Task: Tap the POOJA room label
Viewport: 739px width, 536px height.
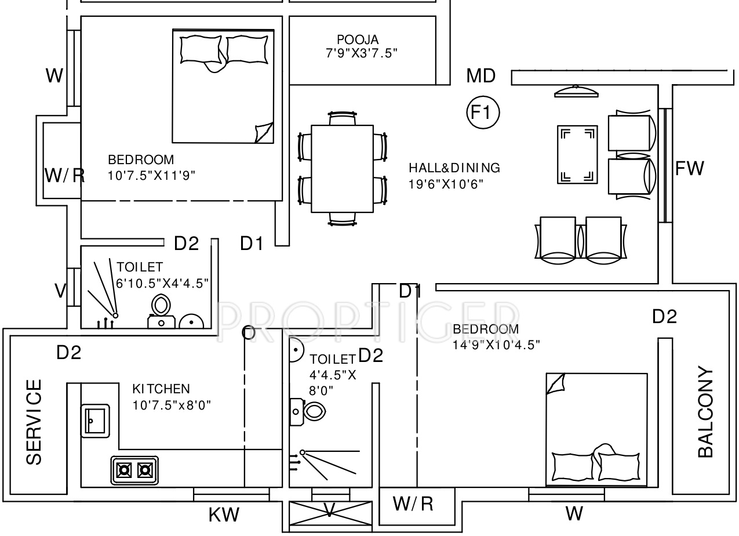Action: [358, 40]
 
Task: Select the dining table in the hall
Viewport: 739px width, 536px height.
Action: [342, 169]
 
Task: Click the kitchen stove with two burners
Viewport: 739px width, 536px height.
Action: [134, 470]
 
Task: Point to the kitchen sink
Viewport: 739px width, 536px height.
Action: [95, 419]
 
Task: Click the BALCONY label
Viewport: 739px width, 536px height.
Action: [705, 412]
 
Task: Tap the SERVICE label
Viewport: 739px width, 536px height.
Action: [34, 422]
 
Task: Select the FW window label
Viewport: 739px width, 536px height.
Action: [690, 169]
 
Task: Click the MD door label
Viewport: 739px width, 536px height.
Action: [480, 76]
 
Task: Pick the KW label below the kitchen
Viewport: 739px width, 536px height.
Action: [224, 514]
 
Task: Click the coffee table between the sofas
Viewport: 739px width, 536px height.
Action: [577, 155]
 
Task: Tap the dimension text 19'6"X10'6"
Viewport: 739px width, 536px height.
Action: [446, 184]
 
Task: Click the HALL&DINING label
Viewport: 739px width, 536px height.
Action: [454, 168]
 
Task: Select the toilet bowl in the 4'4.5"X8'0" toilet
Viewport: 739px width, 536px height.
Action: [314, 412]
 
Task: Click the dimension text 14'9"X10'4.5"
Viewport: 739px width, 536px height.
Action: [496, 345]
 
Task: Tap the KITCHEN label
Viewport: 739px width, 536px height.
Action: [161, 389]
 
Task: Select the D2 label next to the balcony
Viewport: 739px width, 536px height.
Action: [664, 317]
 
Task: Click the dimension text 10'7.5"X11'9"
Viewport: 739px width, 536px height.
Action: [151, 175]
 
